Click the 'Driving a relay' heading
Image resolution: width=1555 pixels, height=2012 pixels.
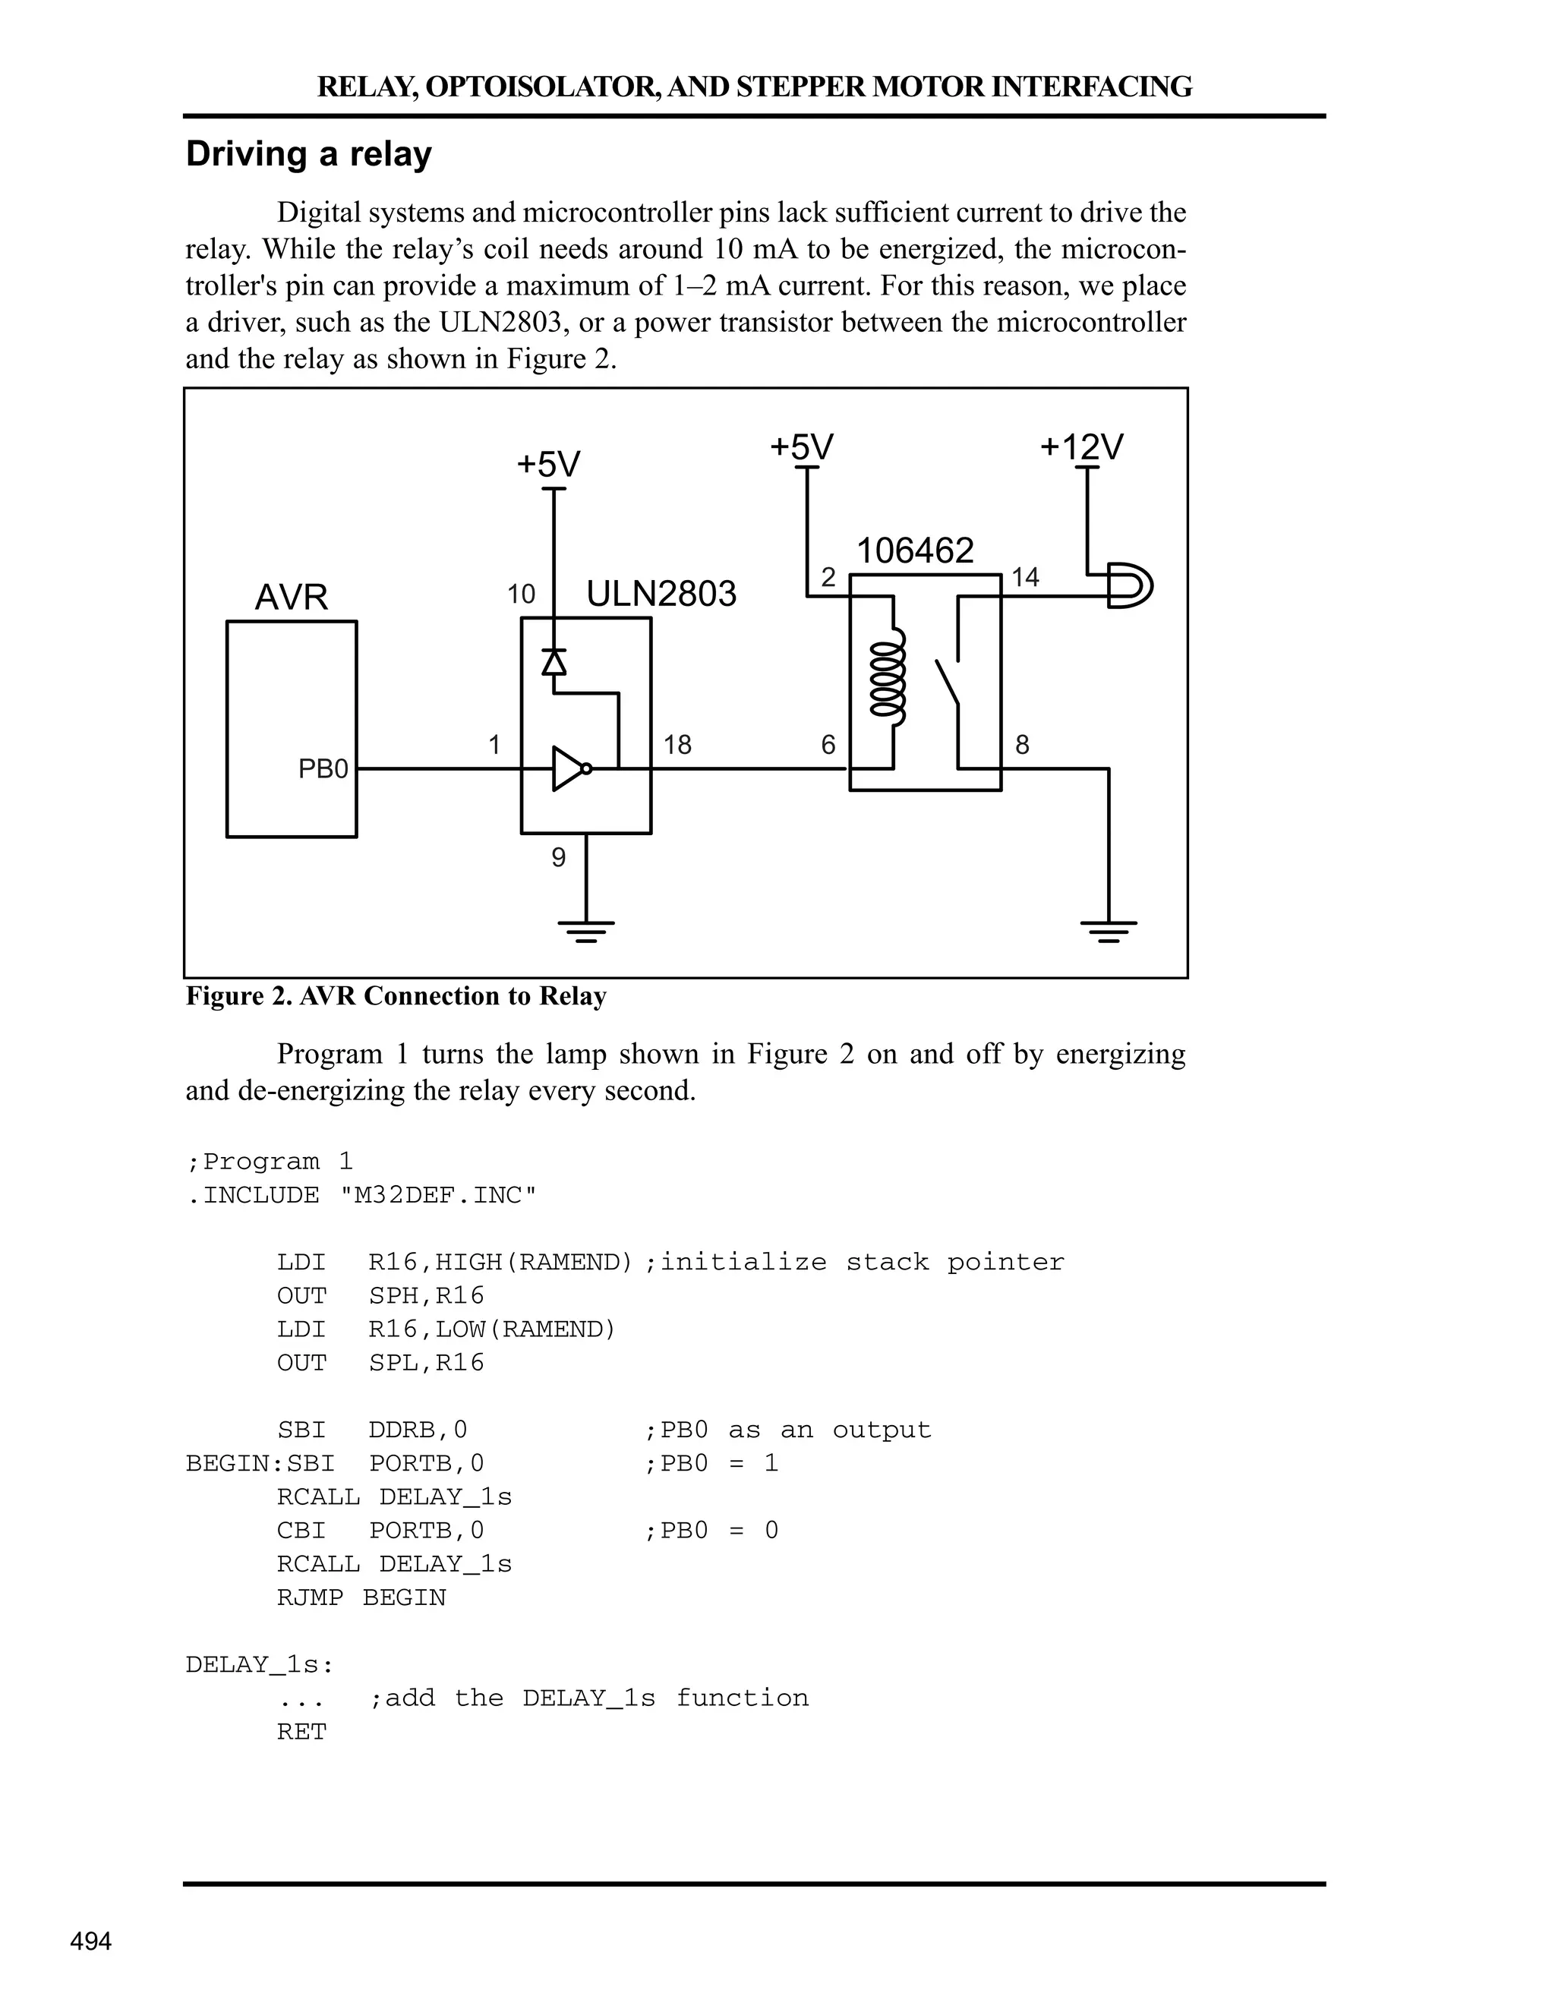[308, 154]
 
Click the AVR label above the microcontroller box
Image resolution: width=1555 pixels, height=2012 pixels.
[291, 597]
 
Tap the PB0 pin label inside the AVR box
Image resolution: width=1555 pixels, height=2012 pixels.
[323, 768]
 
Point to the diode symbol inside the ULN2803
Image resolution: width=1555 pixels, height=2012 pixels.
[554, 661]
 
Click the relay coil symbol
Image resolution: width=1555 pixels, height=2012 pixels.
[890, 673]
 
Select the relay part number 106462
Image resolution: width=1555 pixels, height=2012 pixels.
[915, 551]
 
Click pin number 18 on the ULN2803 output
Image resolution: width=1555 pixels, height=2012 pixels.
[677, 744]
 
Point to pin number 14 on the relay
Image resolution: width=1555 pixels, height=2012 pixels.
[1025, 578]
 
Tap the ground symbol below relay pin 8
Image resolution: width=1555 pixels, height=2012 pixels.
[1109, 931]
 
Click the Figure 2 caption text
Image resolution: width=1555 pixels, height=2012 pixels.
[396, 996]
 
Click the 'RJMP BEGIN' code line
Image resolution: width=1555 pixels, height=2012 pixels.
[361, 1597]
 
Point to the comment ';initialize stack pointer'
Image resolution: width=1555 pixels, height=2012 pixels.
[853, 1261]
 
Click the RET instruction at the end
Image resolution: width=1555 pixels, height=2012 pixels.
[302, 1731]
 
